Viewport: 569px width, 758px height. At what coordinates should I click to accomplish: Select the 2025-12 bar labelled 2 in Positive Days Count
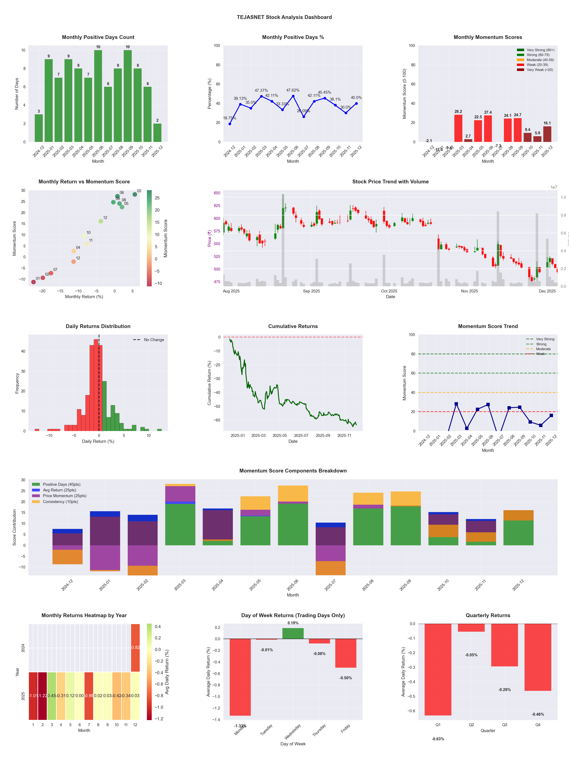[x=157, y=133]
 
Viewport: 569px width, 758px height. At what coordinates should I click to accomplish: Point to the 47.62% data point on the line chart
[x=293, y=96]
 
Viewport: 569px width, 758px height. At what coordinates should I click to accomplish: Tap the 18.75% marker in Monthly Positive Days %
[x=230, y=124]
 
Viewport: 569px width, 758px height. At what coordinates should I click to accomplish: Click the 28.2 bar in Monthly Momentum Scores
[x=458, y=128]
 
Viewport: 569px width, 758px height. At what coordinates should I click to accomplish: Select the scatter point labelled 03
[x=135, y=194]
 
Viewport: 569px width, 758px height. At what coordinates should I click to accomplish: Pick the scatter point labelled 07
[x=51, y=273]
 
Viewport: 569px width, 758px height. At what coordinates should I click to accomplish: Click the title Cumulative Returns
[x=293, y=326]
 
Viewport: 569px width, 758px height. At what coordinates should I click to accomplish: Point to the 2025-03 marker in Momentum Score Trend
[x=456, y=404]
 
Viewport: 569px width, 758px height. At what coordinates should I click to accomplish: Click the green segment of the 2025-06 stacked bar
[x=293, y=524]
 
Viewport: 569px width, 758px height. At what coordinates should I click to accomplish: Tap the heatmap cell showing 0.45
[x=52, y=696]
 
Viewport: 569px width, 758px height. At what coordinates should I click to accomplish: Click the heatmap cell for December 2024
[x=136, y=648]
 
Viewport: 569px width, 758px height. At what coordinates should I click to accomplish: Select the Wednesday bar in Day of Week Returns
[x=293, y=633]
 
